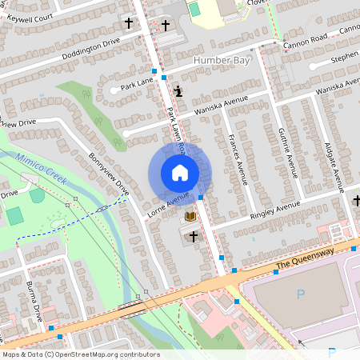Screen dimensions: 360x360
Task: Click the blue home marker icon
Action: pyautogui.click(x=179, y=172)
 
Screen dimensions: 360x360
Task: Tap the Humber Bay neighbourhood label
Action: pyautogui.click(x=220, y=60)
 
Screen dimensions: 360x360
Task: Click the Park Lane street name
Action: pyautogui.click(x=136, y=83)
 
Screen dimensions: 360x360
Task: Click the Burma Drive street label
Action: pyautogui.click(x=38, y=300)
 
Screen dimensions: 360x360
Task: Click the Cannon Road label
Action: pyautogui.click(x=305, y=37)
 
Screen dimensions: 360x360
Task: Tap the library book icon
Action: pyautogui.click(x=190, y=216)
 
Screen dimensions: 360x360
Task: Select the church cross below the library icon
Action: pyautogui.click(x=192, y=236)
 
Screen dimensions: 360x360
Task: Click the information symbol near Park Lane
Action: pyautogui.click(x=178, y=91)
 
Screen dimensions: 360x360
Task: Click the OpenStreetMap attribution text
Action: pyautogui.click(x=80, y=354)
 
